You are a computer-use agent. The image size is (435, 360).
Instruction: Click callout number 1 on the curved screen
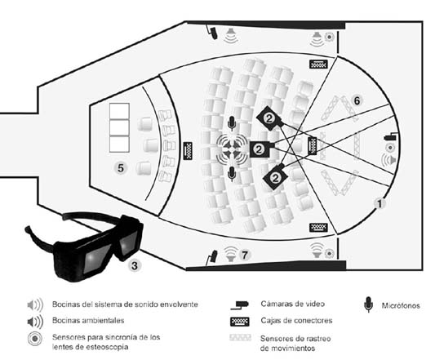coord(380,204)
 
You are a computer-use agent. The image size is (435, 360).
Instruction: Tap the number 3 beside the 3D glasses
coord(135,265)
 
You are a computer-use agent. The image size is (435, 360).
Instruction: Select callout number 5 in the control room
coord(121,168)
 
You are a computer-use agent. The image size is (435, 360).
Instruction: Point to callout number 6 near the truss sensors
coord(357,100)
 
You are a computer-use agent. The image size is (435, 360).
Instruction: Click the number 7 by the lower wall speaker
coord(244,255)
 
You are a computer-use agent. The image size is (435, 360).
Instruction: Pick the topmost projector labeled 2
coord(269,118)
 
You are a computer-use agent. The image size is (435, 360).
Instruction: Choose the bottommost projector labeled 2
coord(275,177)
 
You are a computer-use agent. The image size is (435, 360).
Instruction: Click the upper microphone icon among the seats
coord(232,123)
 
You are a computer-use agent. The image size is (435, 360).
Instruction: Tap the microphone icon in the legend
coord(368,304)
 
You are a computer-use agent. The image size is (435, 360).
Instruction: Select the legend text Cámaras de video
coord(292,304)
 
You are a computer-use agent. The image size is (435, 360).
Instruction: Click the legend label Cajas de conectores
coord(296,321)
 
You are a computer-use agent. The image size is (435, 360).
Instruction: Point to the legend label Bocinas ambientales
coord(88,321)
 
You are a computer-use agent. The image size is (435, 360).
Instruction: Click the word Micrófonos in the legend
coord(401,305)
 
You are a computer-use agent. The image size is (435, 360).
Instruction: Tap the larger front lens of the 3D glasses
coord(97,259)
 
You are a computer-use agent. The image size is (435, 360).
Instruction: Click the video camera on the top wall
coord(212,32)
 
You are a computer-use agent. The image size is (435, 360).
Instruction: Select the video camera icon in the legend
coord(240,304)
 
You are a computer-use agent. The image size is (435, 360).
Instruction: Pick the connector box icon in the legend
coord(240,322)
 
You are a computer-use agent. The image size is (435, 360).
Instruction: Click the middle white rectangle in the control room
coord(119,127)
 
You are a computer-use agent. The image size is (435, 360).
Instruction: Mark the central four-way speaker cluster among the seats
coord(232,149)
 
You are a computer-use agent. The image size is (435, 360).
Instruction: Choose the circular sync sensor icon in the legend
coord(35,339)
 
